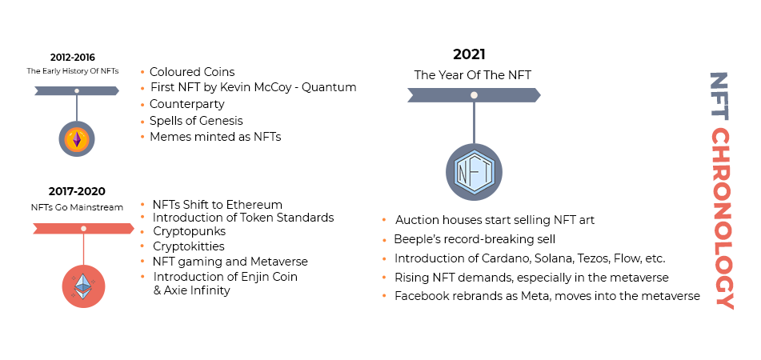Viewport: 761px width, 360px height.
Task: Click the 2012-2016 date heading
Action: (72, 58)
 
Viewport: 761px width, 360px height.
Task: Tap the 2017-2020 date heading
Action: (77, 192)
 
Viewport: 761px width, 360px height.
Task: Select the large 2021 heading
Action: (469, 55)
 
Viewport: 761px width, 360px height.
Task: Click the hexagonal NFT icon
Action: (474, 172)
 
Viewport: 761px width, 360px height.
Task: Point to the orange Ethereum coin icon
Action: (77, 139)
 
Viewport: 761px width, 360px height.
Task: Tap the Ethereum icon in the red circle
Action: (83, 286)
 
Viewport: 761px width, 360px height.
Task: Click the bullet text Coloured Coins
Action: (192, 72)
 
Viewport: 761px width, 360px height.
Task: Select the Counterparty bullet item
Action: (186, 104)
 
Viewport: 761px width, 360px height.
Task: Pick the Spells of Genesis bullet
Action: (196, 121)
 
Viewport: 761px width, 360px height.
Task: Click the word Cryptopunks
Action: (189, 232)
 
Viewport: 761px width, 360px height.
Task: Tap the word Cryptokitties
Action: (189, 246)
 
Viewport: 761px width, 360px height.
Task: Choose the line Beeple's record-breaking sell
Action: (475, 239)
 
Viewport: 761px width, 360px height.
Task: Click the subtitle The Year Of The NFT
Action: (472, 75)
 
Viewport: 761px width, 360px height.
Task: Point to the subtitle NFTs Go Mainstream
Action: (77, 207)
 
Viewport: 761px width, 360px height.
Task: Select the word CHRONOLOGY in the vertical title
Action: (722, 218)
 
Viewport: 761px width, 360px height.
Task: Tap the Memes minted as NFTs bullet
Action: (215, 137)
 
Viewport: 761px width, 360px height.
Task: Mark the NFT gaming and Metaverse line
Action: (230, 262)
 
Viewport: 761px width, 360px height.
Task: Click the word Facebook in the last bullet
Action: (423, 296)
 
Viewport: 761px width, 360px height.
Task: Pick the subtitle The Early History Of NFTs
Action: (72, 71)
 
